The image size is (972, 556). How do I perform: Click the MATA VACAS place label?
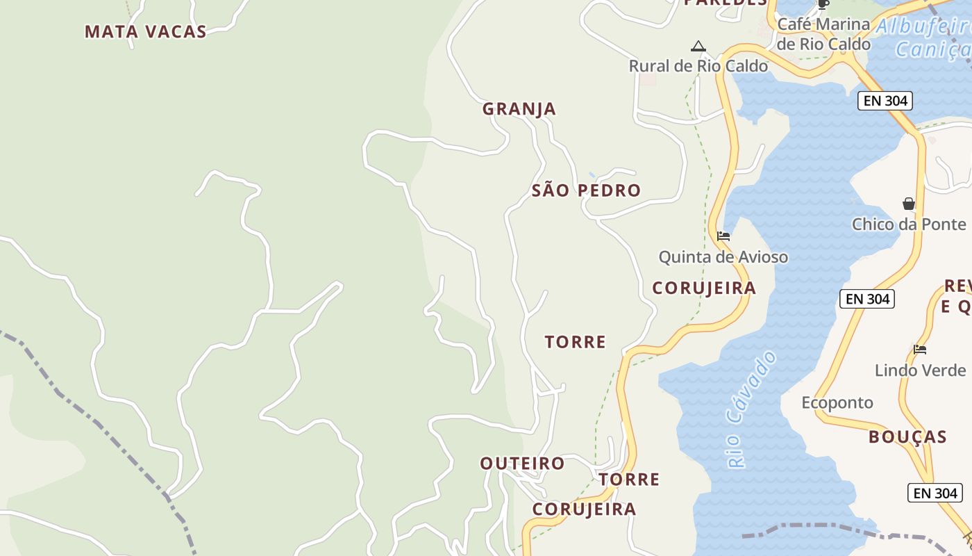[146, 32]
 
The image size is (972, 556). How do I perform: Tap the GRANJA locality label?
[519, 109]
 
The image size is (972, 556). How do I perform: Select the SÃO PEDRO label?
[586, 190]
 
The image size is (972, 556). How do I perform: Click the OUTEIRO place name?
[522, 464]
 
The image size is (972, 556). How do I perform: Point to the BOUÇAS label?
[907, 437]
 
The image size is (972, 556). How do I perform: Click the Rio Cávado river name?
[752, 410]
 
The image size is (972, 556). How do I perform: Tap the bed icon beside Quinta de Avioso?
[723, 236]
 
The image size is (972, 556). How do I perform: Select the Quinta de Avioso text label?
[723, 257]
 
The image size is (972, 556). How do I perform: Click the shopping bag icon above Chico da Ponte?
[909, 204]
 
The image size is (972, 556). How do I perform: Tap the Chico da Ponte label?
[908, 224]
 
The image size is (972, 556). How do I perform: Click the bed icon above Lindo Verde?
[920, 350]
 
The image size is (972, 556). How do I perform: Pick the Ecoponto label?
[837, 403]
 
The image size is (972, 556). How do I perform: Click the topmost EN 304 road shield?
[885, 101]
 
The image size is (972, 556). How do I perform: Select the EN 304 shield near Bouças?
[935, 493]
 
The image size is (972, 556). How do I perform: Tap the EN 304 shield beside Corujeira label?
[867, 299]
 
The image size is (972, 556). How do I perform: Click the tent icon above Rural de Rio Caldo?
[698, 47]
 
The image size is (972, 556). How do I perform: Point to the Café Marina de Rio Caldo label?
[823, 34]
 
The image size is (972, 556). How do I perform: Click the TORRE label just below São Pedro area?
[575, 342]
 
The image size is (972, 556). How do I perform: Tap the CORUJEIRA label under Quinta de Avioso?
[703, 288]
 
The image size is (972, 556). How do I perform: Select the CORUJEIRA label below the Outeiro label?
[584, 509]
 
